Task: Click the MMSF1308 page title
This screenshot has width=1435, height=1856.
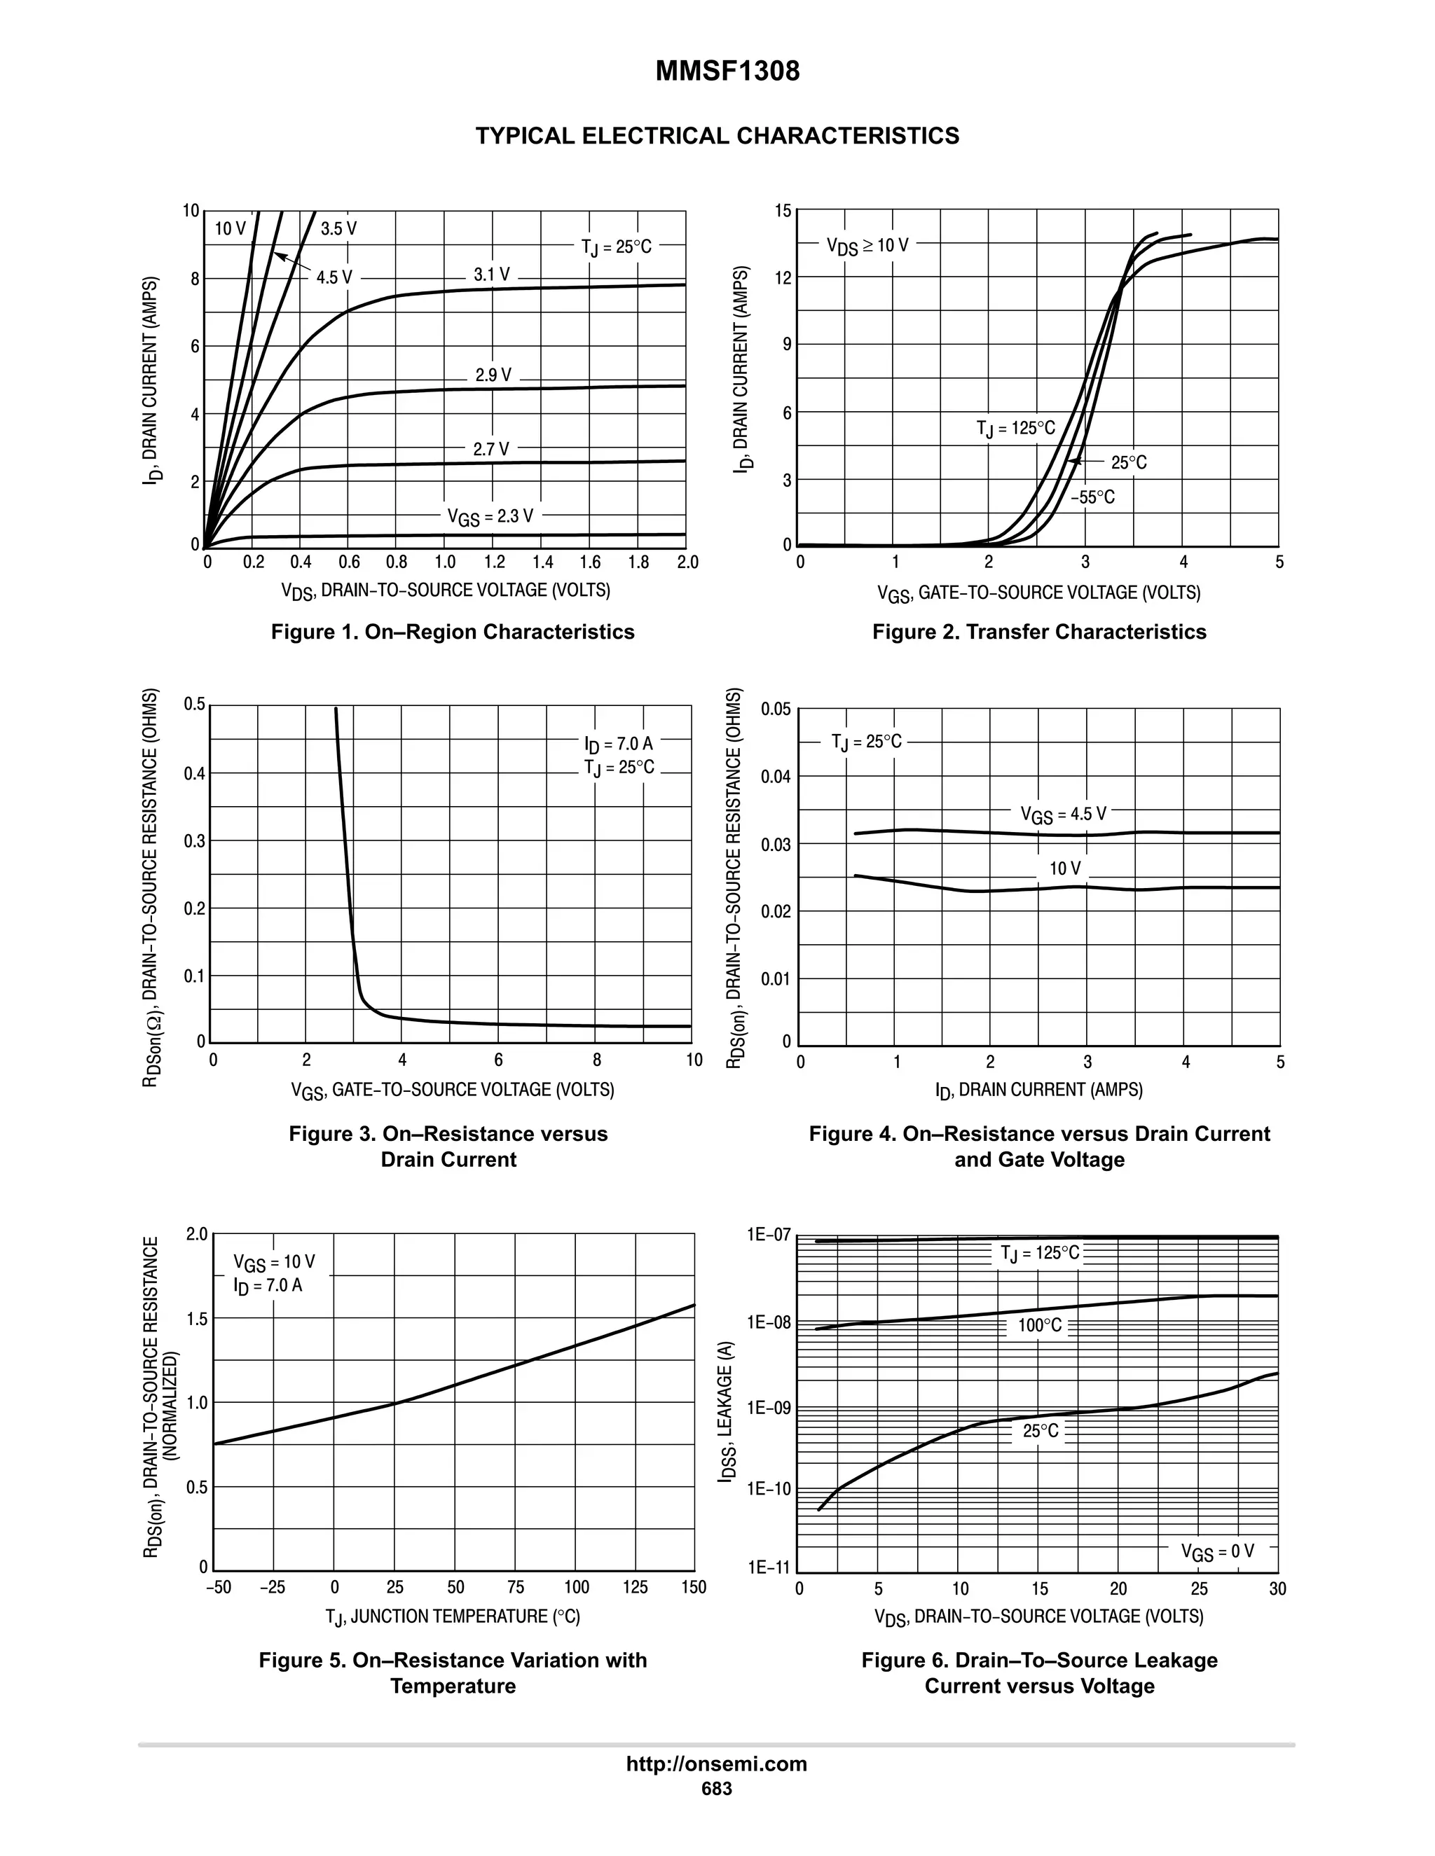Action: [727, 71]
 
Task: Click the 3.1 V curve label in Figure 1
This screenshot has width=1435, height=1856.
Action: [491, 275]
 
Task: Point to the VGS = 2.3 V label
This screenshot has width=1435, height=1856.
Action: [490, 516]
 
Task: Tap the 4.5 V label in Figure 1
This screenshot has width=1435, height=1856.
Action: [334, 277]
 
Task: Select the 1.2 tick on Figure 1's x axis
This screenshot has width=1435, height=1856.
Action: [494, 562]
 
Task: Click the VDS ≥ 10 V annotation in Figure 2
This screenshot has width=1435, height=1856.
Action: [867, 246]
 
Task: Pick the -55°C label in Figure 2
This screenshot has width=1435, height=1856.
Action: [1092, 497]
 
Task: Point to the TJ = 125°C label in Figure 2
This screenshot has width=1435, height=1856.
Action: [1015, 429]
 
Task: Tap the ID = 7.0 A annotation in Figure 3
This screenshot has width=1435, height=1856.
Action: [618, 745]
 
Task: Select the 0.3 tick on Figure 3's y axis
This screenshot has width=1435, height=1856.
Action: [195, 841]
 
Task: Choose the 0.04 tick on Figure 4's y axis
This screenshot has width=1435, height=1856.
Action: [776, 777]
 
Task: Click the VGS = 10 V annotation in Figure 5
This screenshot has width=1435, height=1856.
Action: [274, 1262]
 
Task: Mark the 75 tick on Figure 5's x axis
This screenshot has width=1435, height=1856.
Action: [515, 1588]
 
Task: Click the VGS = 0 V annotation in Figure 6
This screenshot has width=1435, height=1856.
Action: [1216, 1552]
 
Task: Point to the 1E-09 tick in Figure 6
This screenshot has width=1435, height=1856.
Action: [769, 1409]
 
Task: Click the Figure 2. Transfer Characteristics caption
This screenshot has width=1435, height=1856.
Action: [1039, 632]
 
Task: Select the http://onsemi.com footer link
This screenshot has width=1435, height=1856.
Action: [716, 1764]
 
